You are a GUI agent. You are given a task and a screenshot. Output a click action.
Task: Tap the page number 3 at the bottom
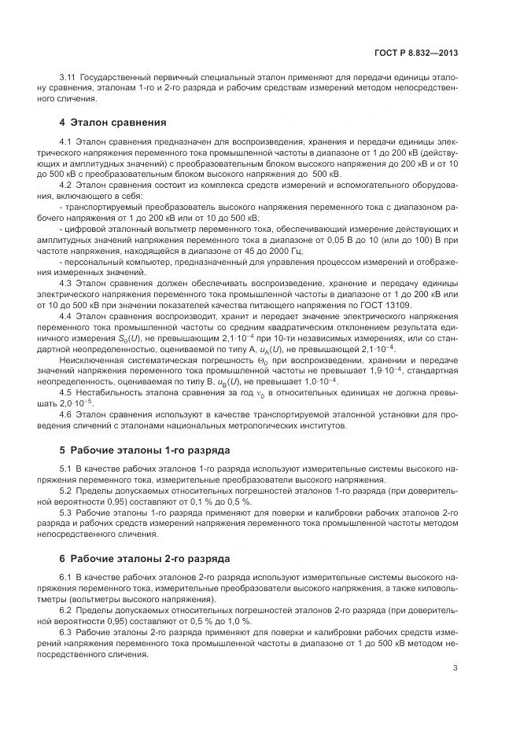point(456,669)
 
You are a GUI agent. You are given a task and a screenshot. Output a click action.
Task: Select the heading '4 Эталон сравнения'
point(113,123)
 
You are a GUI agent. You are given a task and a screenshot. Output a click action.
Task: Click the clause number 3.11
point(68,78)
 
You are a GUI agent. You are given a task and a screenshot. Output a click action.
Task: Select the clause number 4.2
point(65,184)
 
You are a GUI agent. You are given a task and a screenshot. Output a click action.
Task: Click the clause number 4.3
point(65,282)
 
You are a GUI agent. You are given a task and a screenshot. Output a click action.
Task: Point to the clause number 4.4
point(65,315)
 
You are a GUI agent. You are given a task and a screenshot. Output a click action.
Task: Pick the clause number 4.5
point(65,391)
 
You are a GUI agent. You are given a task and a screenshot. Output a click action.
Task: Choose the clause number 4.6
point(65,413)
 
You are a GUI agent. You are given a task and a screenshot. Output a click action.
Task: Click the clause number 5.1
point(65,469)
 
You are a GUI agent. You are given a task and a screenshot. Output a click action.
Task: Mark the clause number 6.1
point(65,578)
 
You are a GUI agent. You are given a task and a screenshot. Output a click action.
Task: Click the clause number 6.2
point(65,610)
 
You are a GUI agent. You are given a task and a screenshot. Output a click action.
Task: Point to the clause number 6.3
point(65,632)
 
